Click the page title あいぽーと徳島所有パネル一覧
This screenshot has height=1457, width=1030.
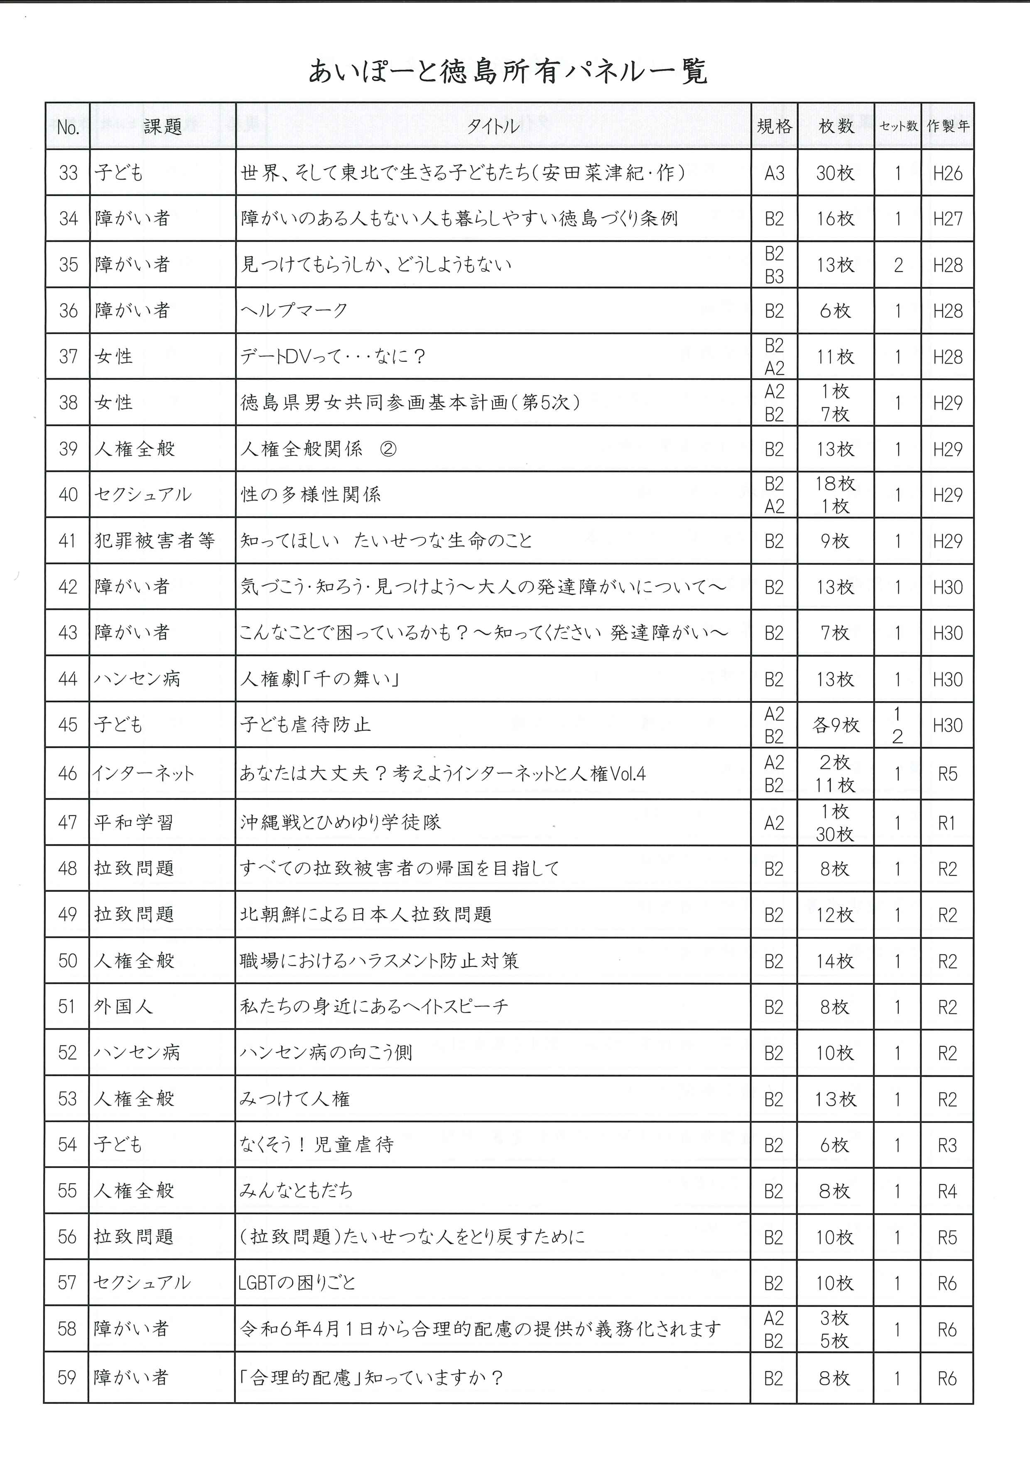tap(507, 72)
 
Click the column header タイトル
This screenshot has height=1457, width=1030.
tap(493, 126)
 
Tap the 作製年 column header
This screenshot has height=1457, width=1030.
tap(947, 126)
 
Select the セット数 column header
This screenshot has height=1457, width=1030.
tap(898, 126)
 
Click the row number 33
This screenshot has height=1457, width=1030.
tap(68, 173)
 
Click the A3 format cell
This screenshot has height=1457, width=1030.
tap(774, 173)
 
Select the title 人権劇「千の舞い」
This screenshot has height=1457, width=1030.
tap(319, 679)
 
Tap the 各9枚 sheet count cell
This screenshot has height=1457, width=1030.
tap(835, 725)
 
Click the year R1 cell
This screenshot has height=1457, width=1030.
tap(947, 823)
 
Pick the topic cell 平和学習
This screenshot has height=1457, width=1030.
tap(133, 823)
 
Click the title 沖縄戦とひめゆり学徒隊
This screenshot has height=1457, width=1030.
tap(340, 823)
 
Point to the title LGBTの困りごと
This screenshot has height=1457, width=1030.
tap(297, 1283)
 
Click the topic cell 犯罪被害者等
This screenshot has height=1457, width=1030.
tap(155, 541)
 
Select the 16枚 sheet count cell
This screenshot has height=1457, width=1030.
tap(835, 219)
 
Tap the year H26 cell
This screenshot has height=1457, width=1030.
tap(947, 173)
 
